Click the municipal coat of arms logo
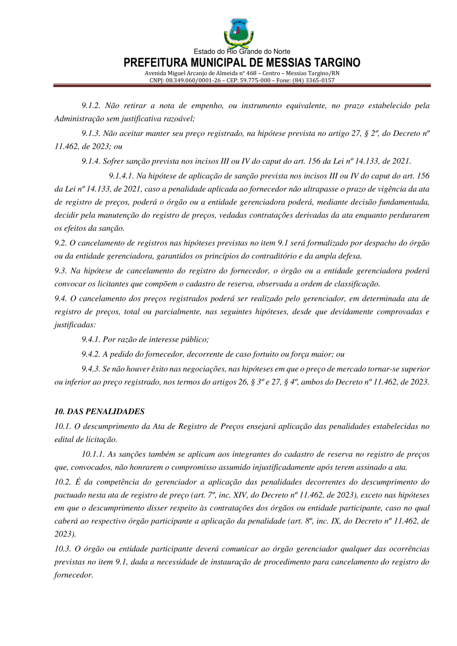click(x=238, y=32)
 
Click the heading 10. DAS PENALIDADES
click(x=100, y=412)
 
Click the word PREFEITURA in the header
click(x=158, y=63)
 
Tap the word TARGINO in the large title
click(x=332, y=63)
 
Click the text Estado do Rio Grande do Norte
click(x=242, y=52)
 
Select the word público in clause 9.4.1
click(x=195, y=339)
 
